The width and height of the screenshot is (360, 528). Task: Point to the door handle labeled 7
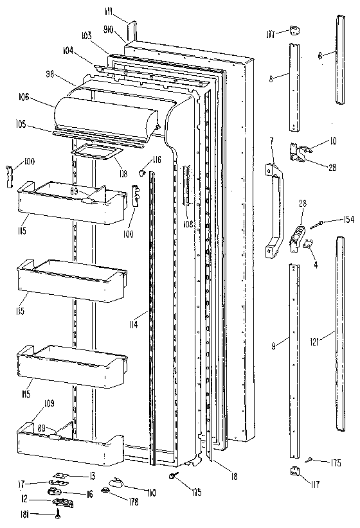(x=275, y=206)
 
